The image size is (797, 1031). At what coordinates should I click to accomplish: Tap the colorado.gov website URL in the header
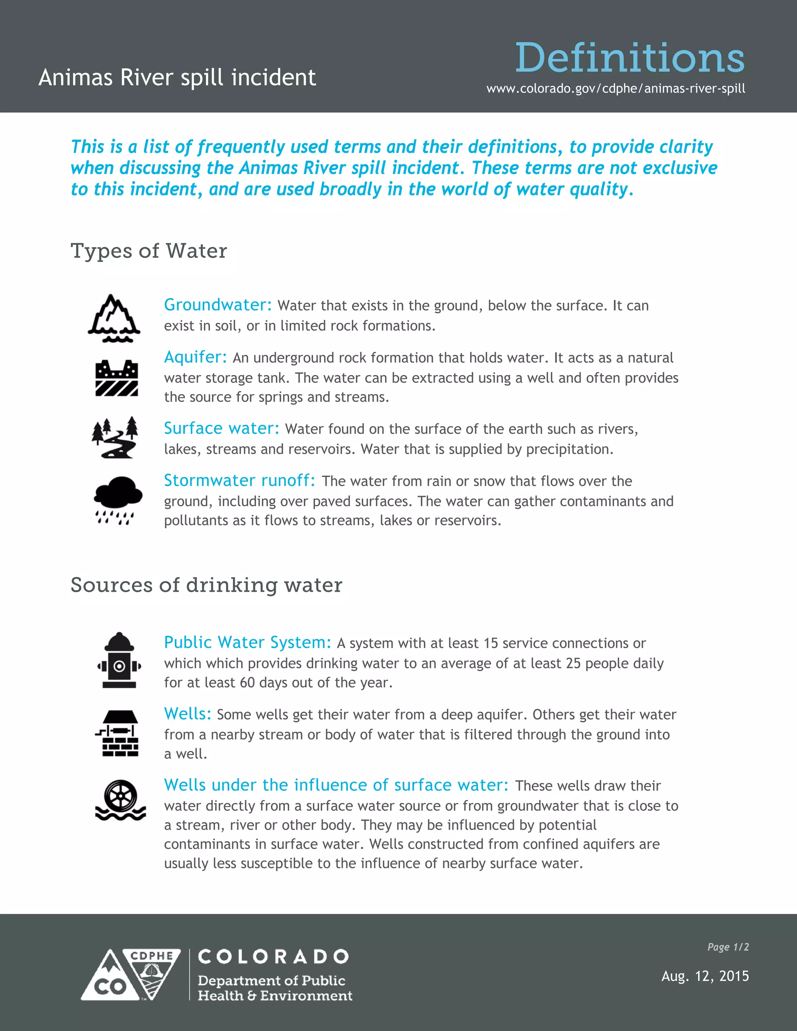(x=616, y=89)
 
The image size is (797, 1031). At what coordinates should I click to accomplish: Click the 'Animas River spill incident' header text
(x=177, y=78)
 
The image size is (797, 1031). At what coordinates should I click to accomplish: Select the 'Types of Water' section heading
(x=149, y=251)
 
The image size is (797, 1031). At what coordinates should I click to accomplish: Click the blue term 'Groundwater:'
(x=218, y=305)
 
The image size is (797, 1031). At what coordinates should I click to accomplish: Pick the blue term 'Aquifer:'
(x=195, y=358)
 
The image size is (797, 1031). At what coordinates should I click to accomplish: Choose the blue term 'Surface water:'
(x=221, y=428)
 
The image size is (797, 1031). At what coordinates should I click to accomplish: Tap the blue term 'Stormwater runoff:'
(x=239, y=480)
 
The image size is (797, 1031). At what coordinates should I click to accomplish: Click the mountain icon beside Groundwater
(x=114, y=318)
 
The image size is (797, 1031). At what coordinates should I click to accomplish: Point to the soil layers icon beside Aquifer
(x=117, y=378)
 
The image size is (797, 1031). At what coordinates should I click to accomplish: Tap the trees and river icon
(x=115, y=437)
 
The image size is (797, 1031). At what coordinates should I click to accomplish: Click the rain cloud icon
(x=118, y=500)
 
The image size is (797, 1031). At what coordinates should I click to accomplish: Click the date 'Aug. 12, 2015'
(x=705, y=976)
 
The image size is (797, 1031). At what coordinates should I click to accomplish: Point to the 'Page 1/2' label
(x=728, y=947)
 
